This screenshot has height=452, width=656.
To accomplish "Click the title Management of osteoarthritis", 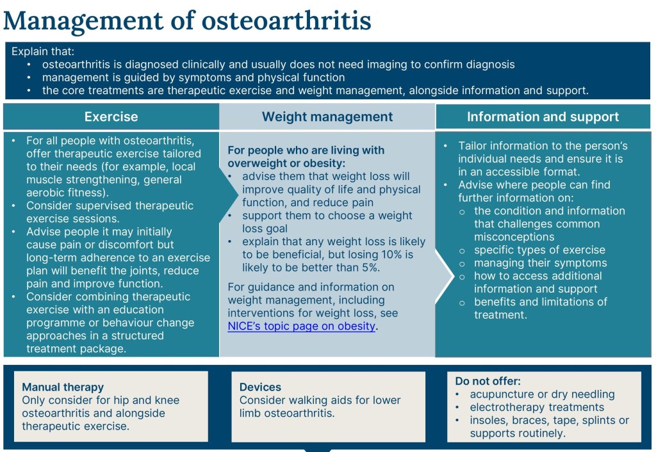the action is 187,20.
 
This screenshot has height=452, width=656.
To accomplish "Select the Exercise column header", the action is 111,117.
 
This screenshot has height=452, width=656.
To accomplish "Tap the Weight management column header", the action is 327,117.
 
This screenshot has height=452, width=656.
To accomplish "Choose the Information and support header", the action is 543,117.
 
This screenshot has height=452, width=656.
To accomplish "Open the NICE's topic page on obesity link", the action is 302,326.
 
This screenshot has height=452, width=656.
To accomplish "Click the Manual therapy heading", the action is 63,387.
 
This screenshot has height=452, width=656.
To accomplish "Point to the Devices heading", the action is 260,387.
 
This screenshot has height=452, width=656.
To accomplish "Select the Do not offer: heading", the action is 488,381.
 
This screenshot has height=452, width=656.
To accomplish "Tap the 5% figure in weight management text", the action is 370,268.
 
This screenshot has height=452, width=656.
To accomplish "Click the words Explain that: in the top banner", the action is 43,51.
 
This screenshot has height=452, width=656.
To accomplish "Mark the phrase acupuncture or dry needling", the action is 542,394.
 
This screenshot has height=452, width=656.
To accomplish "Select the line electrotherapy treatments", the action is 537,407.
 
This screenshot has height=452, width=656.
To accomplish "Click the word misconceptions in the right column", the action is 514,237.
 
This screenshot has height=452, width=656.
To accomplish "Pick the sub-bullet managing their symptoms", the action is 541,263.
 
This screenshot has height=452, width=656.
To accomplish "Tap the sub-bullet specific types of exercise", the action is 539,250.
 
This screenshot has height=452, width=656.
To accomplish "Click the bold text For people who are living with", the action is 306,150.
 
